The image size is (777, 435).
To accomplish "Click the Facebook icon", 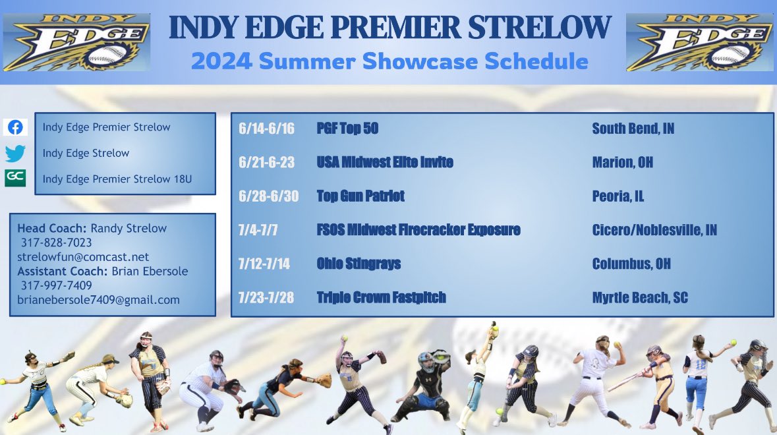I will [x=14, y=128].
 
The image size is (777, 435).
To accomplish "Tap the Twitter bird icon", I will [x=14, y=154].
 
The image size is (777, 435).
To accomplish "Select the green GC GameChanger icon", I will [x=14, y=179].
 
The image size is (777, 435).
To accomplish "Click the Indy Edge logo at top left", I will [x=76, y=43].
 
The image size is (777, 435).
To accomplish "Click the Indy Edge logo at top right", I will [x=699, y=43].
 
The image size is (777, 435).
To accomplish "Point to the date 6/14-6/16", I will [x=266, y=129].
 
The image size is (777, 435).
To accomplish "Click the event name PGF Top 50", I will [x=347, y=129].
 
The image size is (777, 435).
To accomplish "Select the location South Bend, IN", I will [x=633, y=129].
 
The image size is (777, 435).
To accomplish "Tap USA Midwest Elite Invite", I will [x=385, y=162].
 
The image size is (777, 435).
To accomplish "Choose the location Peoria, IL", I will [x=618, y=196].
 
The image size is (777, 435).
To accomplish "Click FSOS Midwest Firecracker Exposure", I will [x=418, y=230].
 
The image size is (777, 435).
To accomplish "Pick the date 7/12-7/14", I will [x=263, y=264].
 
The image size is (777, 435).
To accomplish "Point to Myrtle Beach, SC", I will [x=639, y=298].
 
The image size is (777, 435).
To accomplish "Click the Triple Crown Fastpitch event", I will [x=381, y=298].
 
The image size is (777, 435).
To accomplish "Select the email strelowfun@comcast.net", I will [x=83, y=257].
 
